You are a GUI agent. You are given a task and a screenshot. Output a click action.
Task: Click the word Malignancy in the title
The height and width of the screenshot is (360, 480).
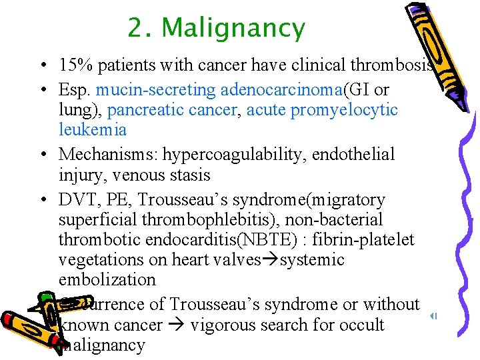click(233, 29)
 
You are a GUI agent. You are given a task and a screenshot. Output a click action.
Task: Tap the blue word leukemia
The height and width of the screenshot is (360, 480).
click(93, 129)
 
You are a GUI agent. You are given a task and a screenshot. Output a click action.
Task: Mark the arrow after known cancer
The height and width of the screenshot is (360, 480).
click(177, 325)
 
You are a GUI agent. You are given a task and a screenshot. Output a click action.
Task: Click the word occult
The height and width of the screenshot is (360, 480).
click(360, 325)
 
